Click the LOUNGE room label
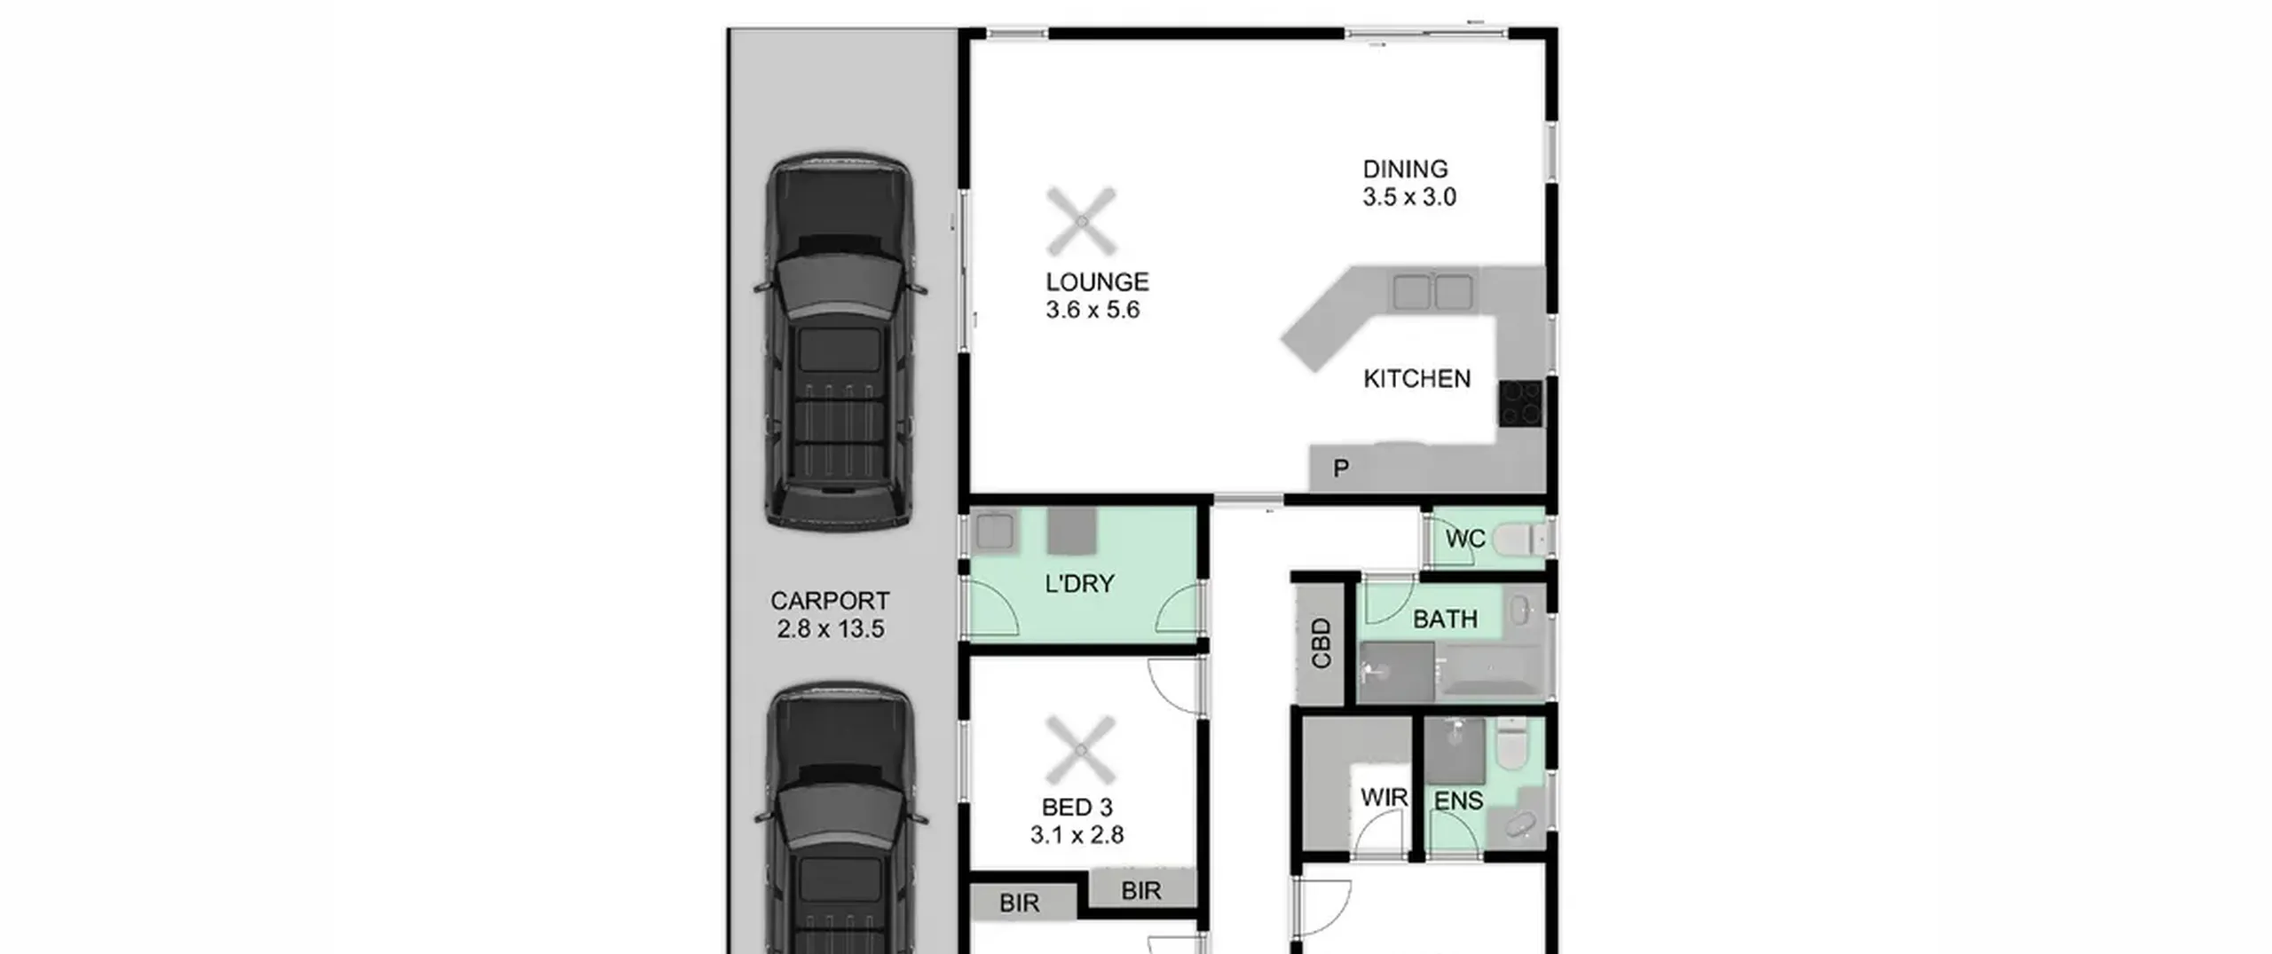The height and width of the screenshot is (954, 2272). pos(1097,282)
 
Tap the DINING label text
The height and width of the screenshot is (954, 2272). pos(1405,169)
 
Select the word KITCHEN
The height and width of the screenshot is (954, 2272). pos(1416,379)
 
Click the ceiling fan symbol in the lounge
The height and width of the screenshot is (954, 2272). pos(1081,221)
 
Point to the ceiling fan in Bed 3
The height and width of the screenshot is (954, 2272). pos(1081,751)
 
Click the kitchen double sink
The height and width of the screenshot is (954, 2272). pos(1432,291)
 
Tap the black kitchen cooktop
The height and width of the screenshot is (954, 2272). pos(1521,404)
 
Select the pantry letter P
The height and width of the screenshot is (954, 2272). pos(1341,468)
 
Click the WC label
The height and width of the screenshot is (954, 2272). pos(1464,539)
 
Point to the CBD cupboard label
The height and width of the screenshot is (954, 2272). pos(1321,643)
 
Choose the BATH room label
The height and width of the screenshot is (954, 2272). pos(1445,619)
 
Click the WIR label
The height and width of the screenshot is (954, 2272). pos(1384,798)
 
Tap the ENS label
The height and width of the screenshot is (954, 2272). pos(1458,800)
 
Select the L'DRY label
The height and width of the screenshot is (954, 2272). pos(1079,584)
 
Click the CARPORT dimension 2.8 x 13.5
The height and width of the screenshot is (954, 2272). pos(830,629)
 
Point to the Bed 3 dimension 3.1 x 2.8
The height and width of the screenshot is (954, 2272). pos(1077,835)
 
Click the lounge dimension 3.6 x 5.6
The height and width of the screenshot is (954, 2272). pos(1092,310)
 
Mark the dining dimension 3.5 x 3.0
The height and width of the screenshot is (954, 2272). pos(1409,197)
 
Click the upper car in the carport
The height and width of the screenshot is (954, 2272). pos(840,342)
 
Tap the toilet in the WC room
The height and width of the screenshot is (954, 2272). pos(1519,539)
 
